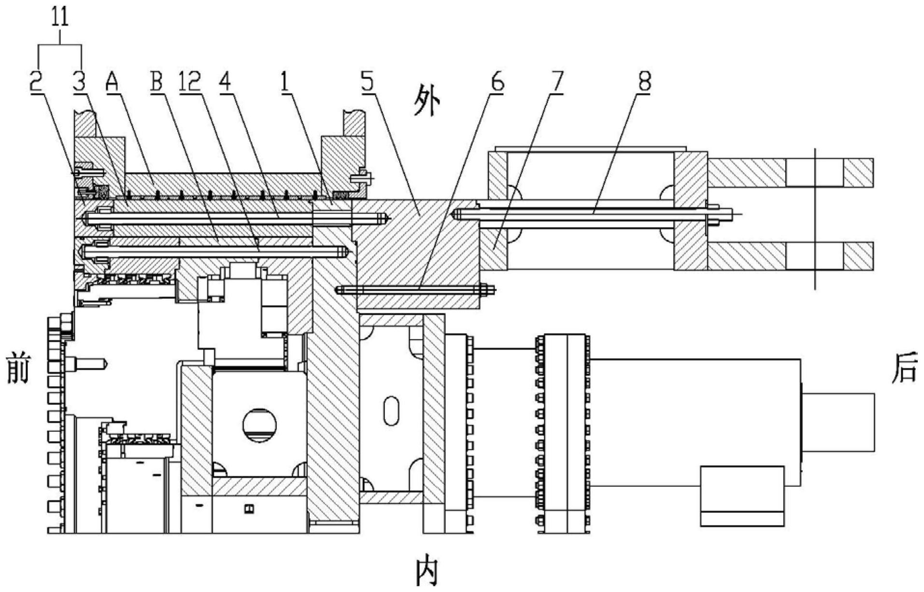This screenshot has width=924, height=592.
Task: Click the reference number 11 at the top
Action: (60, 17)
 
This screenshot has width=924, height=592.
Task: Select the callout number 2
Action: (35, 82)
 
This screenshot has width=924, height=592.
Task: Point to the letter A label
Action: (112, 82)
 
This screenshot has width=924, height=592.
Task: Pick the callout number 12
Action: (190, 82)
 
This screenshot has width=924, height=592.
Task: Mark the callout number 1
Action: (285, 82)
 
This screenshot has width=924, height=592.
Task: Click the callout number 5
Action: (367, 82)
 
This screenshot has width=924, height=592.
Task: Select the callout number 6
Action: (497, 82)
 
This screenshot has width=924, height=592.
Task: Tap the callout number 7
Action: (557, 82)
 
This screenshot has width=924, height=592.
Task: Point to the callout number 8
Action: (645, 82)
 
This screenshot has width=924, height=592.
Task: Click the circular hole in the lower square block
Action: (260, 425)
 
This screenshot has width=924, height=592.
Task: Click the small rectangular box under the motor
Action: (742, 496)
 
